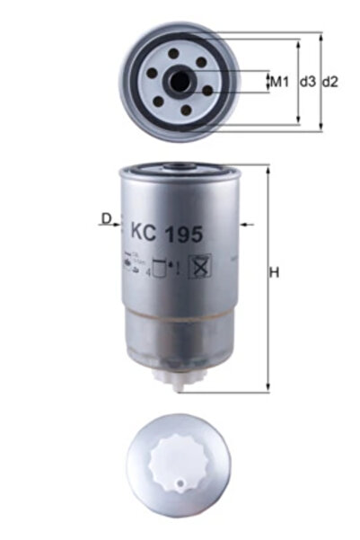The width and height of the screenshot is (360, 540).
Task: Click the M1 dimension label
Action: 279,82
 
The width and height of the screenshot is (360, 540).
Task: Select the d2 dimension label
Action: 330,82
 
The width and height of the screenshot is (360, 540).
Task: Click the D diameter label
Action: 106,218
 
